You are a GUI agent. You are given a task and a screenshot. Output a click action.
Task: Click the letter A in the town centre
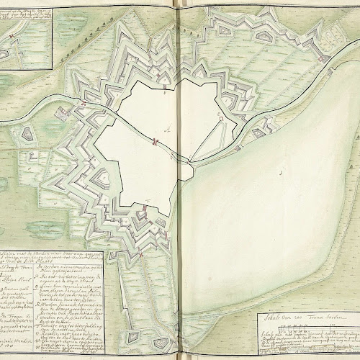(167, 131)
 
